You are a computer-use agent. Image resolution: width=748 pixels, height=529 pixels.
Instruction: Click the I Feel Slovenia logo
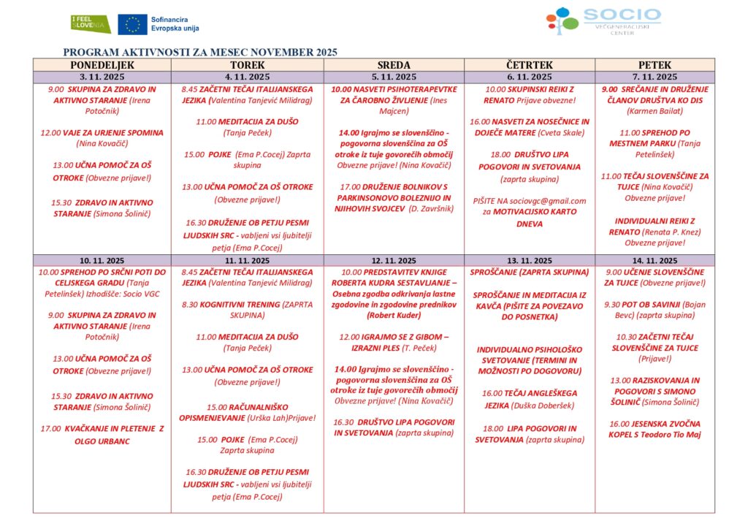pyautogui.click(x=91, y=23)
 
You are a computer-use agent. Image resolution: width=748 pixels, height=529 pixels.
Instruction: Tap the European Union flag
pyautogui.click(x=132, y=24)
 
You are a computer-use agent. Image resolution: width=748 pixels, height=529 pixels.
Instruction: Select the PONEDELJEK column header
pyautogui.click(x=102, y=65)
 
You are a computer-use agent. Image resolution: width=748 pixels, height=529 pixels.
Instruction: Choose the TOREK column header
pyautogui.click(x=247, y=65)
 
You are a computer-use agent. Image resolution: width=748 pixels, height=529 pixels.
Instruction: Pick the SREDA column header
pyautogui.click(x=393, y=65)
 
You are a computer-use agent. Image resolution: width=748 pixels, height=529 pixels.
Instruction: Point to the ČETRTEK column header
pyautogui.click(x=529, y=65)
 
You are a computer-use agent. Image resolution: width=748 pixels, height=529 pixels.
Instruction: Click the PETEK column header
pyautogui.click(x=654, y=65)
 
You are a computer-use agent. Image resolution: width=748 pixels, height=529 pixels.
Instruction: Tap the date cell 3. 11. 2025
pyautogui.click(x=102, y=77)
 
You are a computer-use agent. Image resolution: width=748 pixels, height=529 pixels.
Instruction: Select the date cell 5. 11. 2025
pyautogui.click(x=393, y=77)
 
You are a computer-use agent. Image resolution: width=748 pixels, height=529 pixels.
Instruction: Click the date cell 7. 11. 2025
pyautogui.click(x=654, y=77)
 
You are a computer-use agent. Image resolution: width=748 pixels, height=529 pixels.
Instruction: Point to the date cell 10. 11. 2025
pyautogui.click(x=102, y=260)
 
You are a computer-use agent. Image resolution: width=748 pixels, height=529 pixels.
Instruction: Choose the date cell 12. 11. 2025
pyautogui.click(x=393, y=260)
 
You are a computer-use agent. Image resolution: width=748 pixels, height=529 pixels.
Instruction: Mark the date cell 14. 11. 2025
pyautogui.click(x=654, y=260)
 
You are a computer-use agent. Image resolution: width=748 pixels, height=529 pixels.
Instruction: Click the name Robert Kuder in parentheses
pyautogui.click(x=394, y=316)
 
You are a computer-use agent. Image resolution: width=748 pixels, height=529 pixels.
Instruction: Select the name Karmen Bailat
pyautogui.click(x=654, y=111)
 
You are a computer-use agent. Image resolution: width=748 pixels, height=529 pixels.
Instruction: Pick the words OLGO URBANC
pyautogui.click(x=102, y=441)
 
